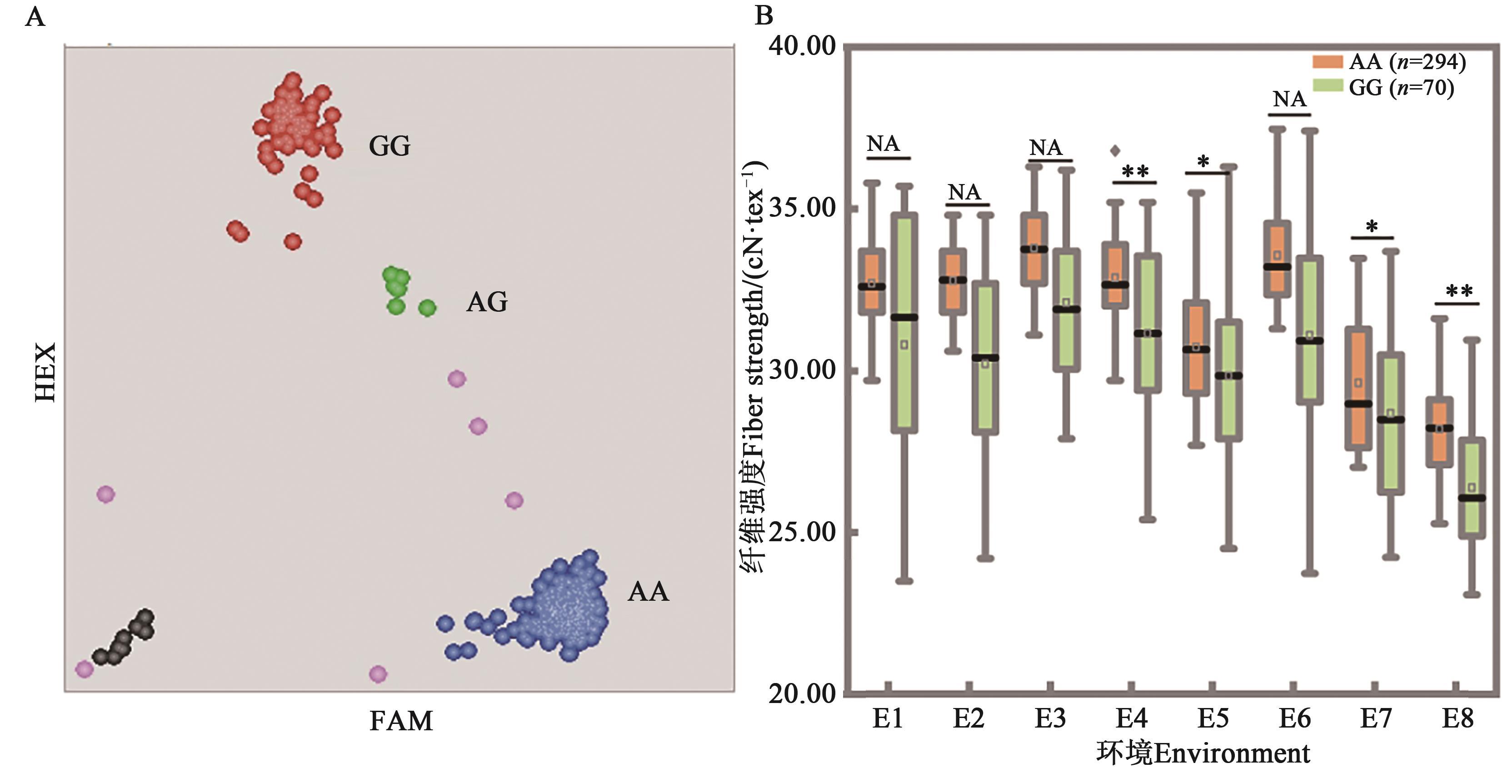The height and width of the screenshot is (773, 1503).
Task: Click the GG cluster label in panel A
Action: [389, 146]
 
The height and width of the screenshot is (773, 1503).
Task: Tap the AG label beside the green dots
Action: [487, 302]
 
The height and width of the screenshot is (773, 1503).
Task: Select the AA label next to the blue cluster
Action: [648, 592]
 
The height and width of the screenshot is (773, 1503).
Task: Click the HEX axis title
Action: [45, 372]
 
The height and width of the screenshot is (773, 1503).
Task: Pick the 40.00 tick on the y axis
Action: [802, 47]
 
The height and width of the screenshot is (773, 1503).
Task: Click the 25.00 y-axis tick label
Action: [802, 532]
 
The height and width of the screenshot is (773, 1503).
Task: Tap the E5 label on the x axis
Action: [1213, 718]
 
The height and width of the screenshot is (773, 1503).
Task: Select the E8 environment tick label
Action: [1458, 718]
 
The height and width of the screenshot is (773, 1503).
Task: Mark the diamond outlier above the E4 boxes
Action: [1115, 151]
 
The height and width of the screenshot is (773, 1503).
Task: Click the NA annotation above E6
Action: [1289, 99]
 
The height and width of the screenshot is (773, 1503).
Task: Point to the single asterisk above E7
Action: [1372, 226]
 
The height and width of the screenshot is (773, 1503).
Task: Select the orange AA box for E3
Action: [1034, 249]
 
